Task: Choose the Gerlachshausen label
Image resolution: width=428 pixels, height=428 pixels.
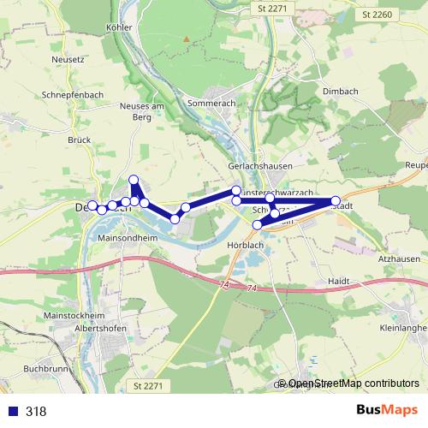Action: tap(261, 166)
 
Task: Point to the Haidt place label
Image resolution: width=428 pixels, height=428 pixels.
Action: tap(340, 281)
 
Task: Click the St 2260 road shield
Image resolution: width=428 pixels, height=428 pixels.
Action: tap(377, 14)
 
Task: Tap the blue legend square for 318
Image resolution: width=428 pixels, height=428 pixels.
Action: tap(13, 412)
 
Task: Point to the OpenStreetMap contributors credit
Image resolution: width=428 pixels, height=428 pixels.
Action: tap(354, 383)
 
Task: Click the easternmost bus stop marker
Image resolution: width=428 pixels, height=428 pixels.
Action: tap(336, 201)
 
